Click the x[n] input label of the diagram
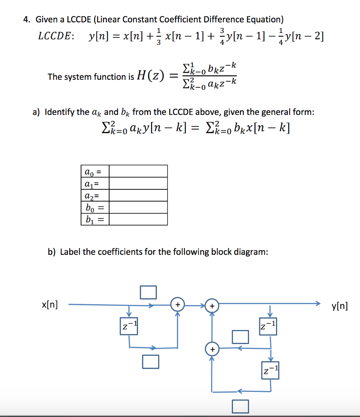50,304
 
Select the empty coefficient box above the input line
148,292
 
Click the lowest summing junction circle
212,349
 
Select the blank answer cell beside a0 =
138,171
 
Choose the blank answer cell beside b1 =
138,220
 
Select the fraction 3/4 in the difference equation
222,36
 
